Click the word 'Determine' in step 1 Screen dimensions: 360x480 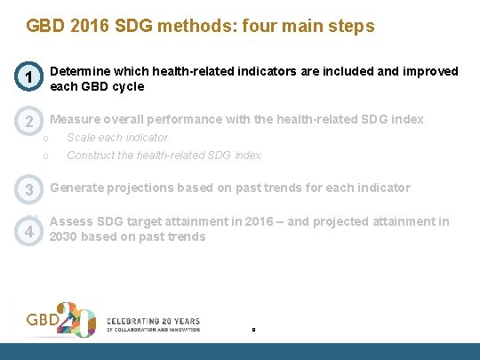(x=80, y=71)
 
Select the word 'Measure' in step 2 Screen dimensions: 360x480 (x=75, y=120)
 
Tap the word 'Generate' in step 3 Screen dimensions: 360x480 (x=77, y=188)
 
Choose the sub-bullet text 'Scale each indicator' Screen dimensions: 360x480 (x=117, y=138)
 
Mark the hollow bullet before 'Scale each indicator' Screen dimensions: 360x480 (x=56, y=139)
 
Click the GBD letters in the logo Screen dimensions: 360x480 (x=44, y=318)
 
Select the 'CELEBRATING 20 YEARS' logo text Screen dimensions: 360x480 (x=153, y=321)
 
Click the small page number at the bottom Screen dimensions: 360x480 (x=253, y=330)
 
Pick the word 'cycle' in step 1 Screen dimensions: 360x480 (x=125, y=87)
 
